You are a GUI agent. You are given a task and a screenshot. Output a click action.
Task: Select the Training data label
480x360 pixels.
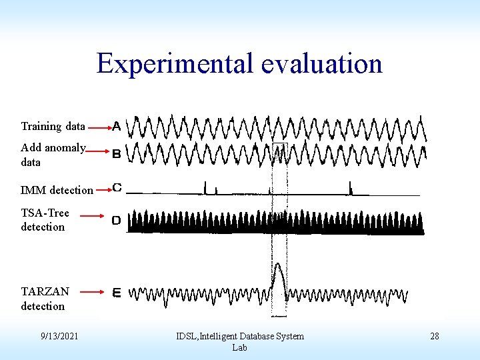[53, 126]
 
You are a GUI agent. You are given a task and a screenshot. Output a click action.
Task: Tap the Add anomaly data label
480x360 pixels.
[53, 155]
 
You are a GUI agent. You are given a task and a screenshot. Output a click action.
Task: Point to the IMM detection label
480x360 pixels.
[57, 190]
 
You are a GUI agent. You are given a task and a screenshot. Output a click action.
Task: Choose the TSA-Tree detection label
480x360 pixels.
[45, 220]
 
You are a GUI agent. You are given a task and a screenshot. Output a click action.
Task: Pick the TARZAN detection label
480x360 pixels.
[45, 299]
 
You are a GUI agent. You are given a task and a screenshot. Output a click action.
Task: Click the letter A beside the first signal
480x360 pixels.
[117, 125]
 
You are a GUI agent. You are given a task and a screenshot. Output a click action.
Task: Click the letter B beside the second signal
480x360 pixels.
[117, 154]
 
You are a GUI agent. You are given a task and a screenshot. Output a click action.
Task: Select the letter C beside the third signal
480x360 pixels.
[117, 188]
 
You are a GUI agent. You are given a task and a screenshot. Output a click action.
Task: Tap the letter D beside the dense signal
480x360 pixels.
[117, 220]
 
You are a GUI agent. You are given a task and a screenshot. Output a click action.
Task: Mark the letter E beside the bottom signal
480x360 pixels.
[117, 292]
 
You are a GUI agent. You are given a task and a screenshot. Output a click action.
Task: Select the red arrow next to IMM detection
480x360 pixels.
[103, 190]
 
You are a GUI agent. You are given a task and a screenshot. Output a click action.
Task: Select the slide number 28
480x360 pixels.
[434, 336]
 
